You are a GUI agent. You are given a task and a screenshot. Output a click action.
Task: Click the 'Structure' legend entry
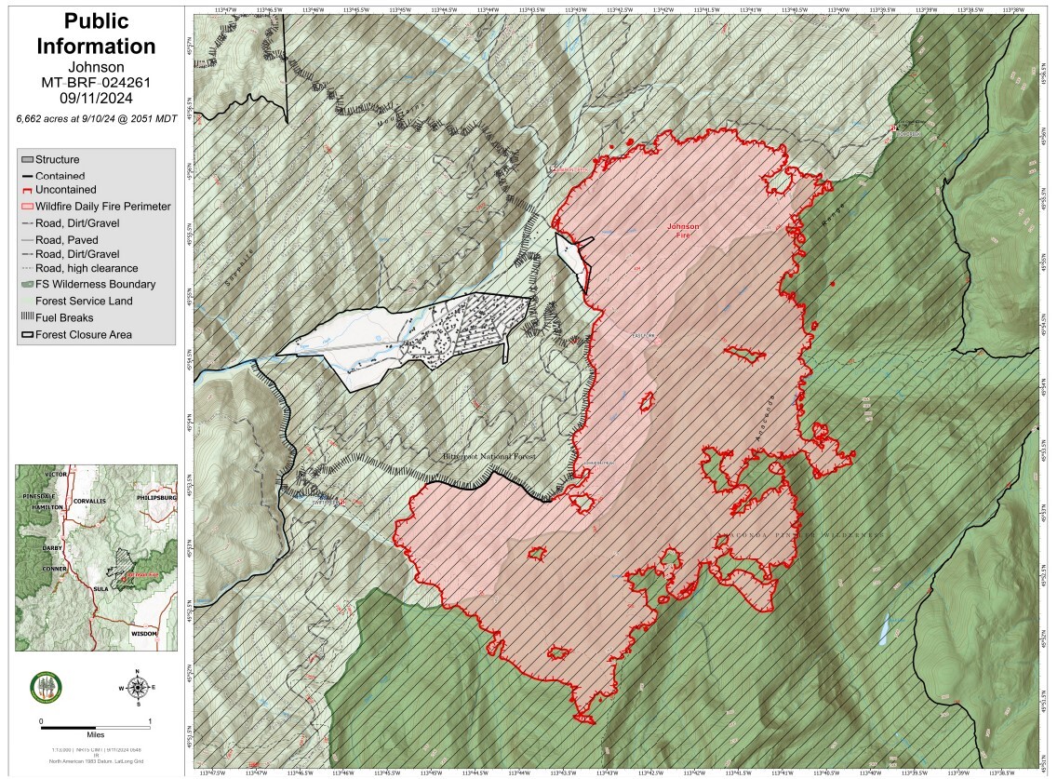tap(57, 159)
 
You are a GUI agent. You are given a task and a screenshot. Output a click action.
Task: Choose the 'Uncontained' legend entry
tap(64, 190)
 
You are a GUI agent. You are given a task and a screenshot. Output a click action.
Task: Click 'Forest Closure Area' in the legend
tap(83, 334)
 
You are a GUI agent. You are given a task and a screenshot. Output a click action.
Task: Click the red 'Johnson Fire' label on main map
tap(683, 232)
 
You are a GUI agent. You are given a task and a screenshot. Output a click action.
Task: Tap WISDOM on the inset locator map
tap(144, 633)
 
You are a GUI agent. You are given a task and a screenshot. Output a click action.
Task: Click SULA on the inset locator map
tap(101, 589)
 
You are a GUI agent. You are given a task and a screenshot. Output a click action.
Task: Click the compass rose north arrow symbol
tap(137, 688)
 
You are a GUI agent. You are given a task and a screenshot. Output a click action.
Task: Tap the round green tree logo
tap(45, 688)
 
